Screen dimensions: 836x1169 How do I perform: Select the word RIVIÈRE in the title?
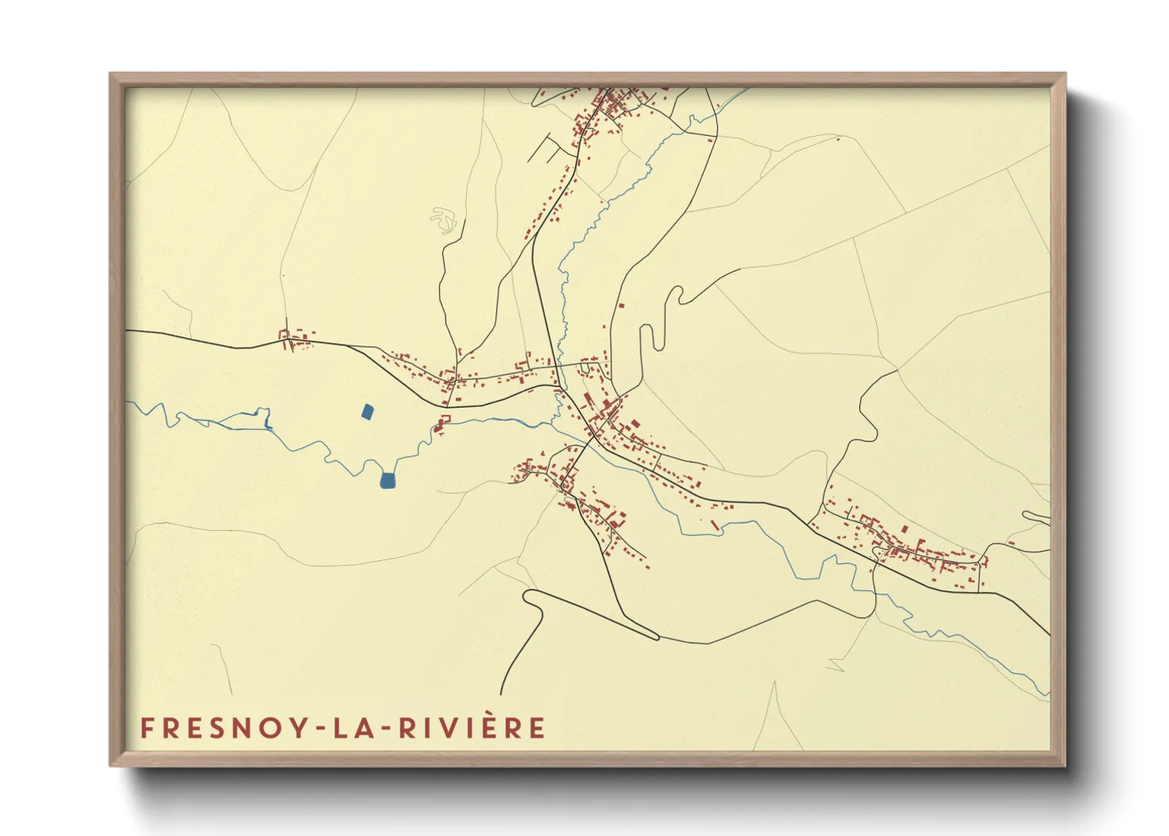[471, 728]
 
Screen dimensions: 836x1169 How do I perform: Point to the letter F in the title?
[147, 728]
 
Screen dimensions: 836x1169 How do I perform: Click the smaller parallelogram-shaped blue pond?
[367, 412]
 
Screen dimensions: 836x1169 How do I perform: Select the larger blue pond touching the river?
[387, 480]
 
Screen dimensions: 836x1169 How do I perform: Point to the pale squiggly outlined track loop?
[444, 220]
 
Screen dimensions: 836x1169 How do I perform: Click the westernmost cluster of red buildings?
[295, 340]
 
